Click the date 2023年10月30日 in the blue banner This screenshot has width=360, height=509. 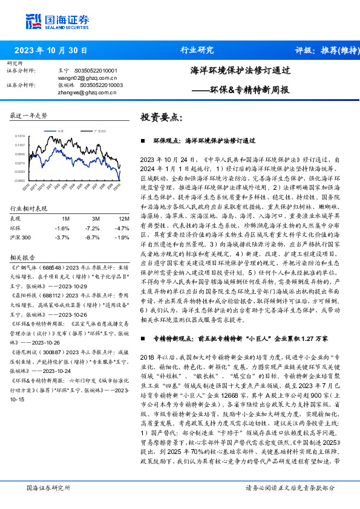pos(51,50)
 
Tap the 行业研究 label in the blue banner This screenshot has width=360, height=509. pos(197,50)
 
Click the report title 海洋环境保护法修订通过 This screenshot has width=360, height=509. pos(240,71)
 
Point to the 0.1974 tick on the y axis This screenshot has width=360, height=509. pos(20,137)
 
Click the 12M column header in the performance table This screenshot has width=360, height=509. pos(125,218)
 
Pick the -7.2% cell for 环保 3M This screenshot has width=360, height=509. pos(93,228)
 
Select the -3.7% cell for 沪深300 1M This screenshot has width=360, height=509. pos(62,238)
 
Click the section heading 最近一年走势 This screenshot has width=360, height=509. pos(29,115)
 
